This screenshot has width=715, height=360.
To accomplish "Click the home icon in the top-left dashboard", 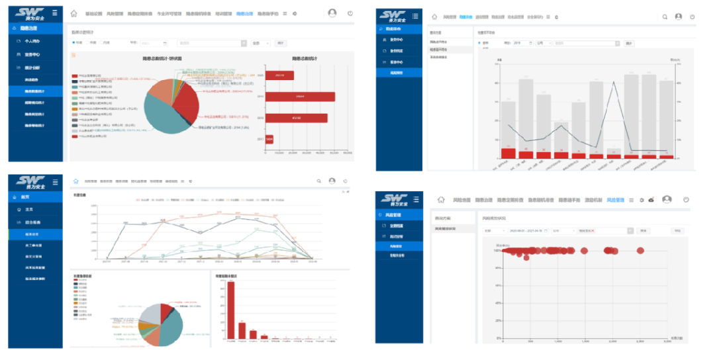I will (74, 13).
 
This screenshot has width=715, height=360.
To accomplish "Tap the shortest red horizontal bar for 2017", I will (269, 139).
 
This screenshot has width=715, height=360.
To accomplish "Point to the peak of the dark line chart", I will (614, 82).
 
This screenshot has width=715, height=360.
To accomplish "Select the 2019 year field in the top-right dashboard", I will (518, 43).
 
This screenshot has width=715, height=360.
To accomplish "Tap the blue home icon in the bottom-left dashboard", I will (75, 181).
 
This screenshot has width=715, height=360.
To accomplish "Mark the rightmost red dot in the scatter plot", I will (640, 250).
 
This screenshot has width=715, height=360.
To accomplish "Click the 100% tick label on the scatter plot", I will (495, 251).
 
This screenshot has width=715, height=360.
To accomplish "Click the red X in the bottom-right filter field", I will (594, 231).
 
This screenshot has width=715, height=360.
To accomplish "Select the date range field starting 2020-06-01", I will (526, 231).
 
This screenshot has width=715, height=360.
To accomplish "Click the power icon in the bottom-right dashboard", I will (686, 199).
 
